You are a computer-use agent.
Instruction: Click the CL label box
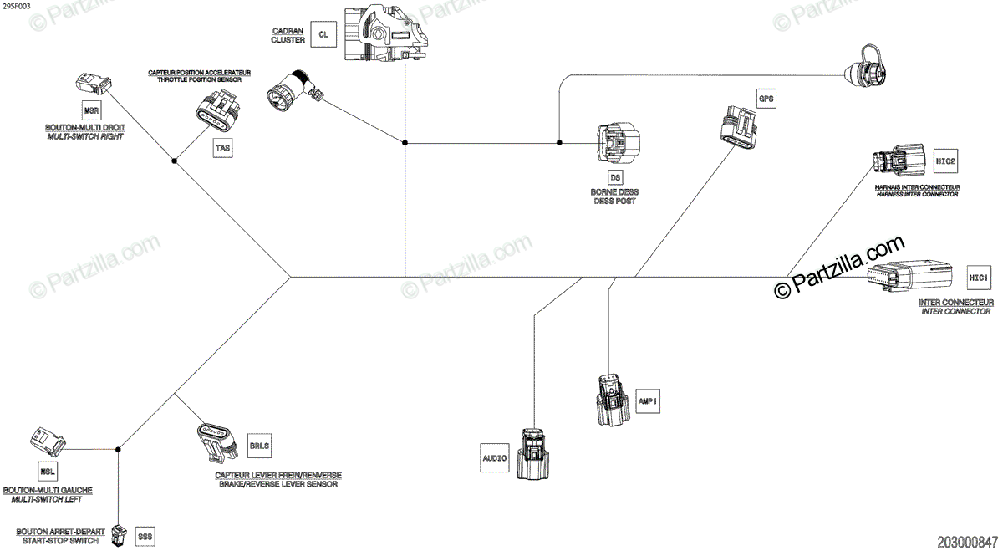(x=323, y=35)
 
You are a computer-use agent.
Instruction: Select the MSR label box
(x=90, y=110)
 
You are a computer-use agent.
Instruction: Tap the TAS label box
(x=222, y=149)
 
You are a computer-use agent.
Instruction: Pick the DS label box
(x=615, y=177)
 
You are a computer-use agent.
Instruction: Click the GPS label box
(x=766, y=99)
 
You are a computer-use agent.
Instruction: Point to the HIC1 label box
(x=978, y=278)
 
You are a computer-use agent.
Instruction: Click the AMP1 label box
(x=648, y=401)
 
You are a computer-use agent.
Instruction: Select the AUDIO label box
(x=495, y=457)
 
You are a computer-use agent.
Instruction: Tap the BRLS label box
(x=260, y=445)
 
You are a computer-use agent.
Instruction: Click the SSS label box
(x=145, y=535)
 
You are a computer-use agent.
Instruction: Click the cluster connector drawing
(x=387, y=33)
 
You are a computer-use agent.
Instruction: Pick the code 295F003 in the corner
(x=16, y=6)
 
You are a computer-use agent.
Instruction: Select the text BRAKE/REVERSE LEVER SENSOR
(x=277, y=484)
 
